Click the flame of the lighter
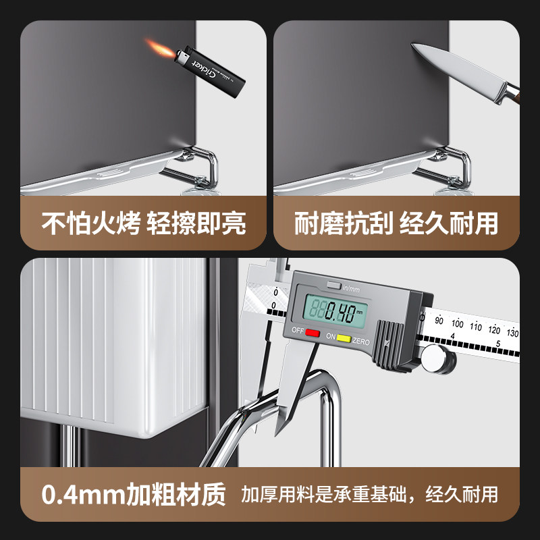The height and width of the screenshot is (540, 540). point(155,47)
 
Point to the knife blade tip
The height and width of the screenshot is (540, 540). point(412,46)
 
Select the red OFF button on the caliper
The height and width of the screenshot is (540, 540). point(313,333)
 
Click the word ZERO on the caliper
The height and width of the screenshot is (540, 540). point(362,340)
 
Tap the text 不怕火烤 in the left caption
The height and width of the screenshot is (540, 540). point(92,223)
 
